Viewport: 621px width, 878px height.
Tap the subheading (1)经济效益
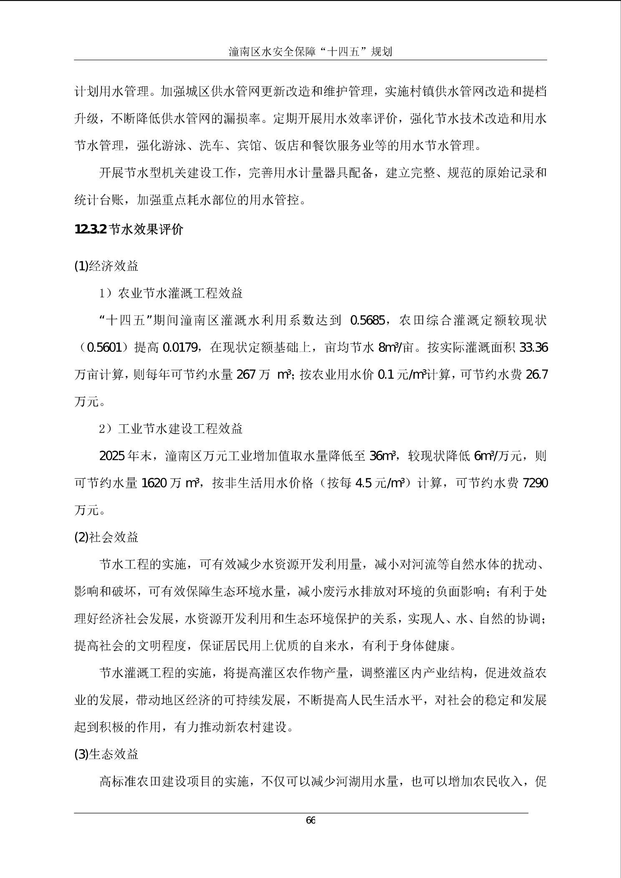106,266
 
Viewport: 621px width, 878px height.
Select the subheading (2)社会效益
106,537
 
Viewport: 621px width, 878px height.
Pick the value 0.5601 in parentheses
104,348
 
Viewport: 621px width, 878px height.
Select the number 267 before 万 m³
246,375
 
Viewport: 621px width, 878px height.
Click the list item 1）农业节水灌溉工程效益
171,293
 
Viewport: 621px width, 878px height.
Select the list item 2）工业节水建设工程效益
171,429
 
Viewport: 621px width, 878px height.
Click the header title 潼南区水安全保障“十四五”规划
310,52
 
